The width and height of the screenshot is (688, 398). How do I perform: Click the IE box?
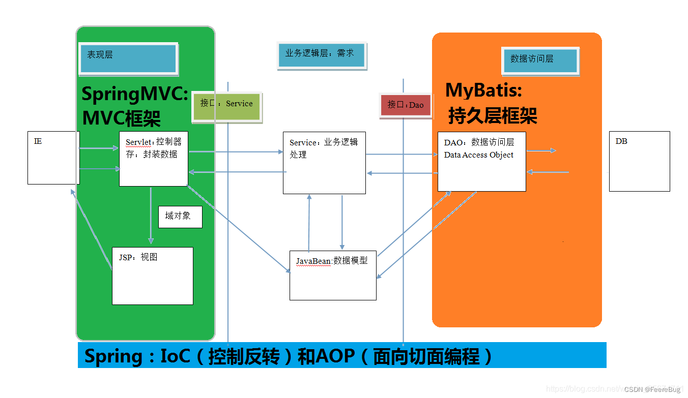53,158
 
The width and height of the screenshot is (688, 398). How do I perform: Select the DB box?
639,161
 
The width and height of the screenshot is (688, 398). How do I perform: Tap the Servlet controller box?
153,159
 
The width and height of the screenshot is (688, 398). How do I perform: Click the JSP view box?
152,275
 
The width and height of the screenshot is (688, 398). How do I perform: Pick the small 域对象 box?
180,217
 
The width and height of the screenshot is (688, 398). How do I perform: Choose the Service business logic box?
324,163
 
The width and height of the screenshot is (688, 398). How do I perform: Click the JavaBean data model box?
333,275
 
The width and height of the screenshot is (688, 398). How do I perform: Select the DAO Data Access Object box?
481,161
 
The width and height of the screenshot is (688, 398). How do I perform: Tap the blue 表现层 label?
128,58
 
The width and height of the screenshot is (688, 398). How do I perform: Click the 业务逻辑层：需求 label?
321,55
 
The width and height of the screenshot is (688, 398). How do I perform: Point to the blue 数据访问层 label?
539,60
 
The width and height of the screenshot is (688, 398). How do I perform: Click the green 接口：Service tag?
226,106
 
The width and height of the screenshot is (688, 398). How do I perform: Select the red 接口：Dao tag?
406,105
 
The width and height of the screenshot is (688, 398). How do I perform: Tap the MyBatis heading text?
483,90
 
